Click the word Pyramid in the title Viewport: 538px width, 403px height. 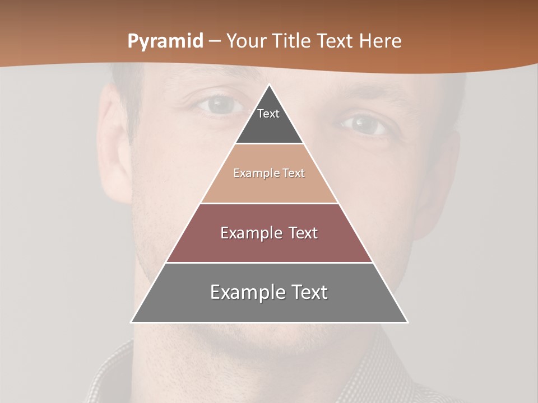[165, 41]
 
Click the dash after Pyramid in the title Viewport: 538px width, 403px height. [214, 41]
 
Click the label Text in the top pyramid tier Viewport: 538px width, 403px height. [268, 114]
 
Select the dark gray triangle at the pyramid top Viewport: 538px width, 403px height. [269, 126]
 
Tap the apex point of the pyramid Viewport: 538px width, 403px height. [270, 85]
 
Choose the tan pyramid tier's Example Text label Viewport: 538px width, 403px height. [269, 173]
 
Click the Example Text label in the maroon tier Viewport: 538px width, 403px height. [269, 233]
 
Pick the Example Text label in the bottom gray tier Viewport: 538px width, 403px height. [269, 292]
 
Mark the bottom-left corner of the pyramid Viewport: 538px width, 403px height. [131, 322]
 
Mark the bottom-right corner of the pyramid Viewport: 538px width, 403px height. [407, 322]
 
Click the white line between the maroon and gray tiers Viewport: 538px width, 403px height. [269, 263]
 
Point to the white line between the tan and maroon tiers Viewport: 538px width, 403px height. [269, 203]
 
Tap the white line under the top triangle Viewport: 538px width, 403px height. [269, 143]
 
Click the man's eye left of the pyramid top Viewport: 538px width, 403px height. [220, 105]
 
